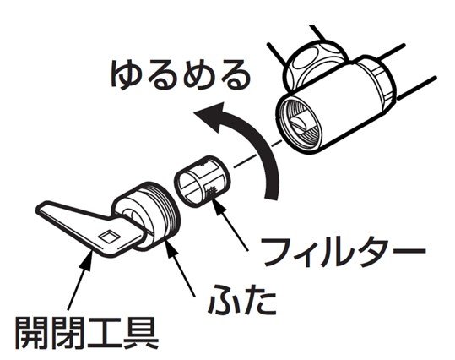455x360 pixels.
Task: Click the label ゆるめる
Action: [181, 74]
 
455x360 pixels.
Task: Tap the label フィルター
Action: [344, 252]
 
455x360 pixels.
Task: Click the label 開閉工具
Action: [87, 333]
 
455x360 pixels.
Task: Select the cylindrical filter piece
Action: [203, 182]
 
